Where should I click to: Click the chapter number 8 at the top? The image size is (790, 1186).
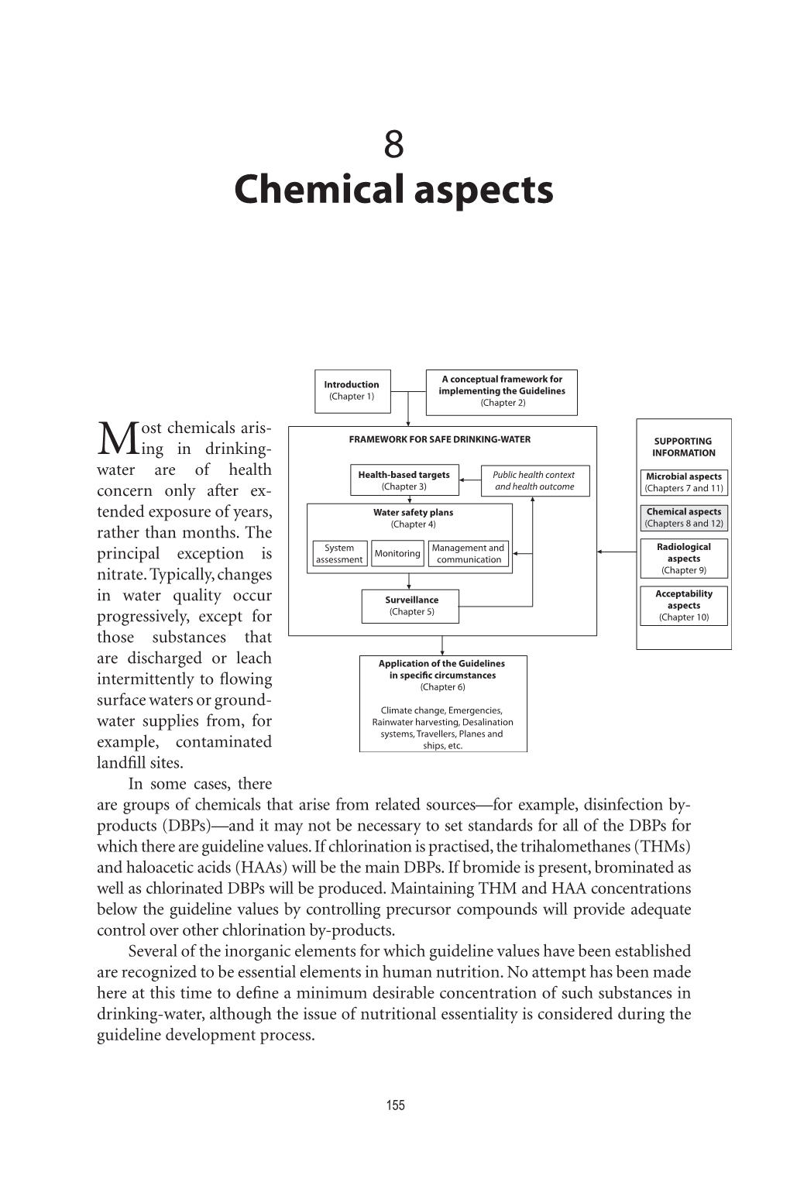pyautogui.click(x=393, y=145)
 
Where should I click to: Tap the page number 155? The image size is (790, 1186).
pyautogui.click(x=395, y=1105)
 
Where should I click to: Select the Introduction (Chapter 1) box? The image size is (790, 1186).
pyautogui.click(x=352, y=390)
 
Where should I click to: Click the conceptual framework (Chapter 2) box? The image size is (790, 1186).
pyautogui.click(x=502, y=390)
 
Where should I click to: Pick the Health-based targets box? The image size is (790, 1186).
pyautogui.click(x=404, y=480)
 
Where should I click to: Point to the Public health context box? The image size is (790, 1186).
pyautogui.click(x=534, y=480)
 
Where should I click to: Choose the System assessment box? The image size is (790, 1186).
pyautogui.click(x=339, y=554)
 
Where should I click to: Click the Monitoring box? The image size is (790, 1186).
pyautogui.click(x=397, y=554)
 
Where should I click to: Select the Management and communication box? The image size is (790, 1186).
pyautogui.click(x=469, y=554)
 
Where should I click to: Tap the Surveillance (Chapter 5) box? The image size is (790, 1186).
pyautogui.click(x=411, y=606)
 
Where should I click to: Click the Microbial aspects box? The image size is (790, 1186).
pyautogui.click(x=684, y=483)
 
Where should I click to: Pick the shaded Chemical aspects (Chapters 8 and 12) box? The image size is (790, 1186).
pyautogui.click(x=684, y=517)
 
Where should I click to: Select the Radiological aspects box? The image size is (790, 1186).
pyautogui.click(x=684, y=559)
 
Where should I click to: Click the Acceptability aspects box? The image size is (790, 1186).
pyautogui.click(x=684, y=606)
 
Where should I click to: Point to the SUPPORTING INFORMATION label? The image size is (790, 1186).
pyautogui.click(x=683, y=447)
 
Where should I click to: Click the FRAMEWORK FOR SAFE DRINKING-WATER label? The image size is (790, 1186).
pyautogui.click(x=440, y=439)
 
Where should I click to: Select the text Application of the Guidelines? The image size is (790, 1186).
pyautogui.click(x=441, y=664)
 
